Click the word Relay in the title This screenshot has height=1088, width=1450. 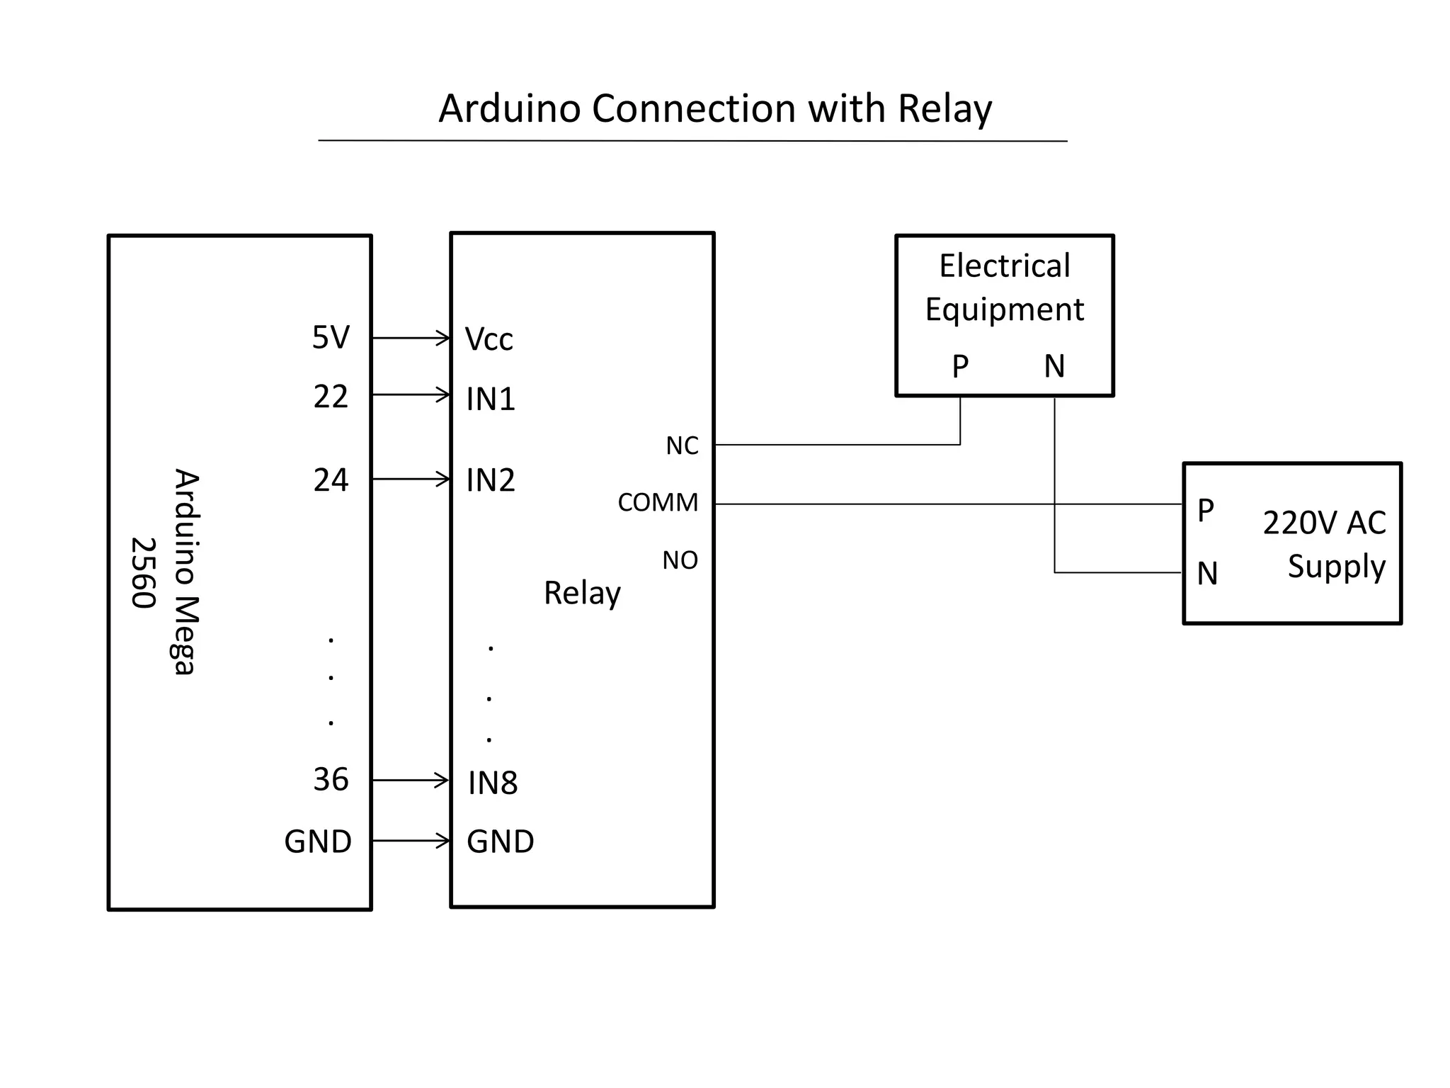coord(944,109)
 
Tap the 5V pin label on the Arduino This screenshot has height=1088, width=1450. coord(331,338)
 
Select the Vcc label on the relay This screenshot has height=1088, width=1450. coord(489,339)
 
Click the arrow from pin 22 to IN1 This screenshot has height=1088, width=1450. coord(411,395)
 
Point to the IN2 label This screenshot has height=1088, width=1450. coord(490,480)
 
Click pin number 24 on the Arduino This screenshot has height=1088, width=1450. coord(331,480)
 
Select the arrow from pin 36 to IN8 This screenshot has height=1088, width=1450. coord(411,781)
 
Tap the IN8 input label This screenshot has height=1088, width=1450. coord(493,783)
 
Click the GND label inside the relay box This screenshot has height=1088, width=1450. coord(500,841)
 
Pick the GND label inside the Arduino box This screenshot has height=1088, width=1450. coord(318,841)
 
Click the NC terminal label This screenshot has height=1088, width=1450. coord(682,446)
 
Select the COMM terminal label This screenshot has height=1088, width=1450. coord(658,502)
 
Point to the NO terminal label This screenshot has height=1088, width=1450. coord(680,560)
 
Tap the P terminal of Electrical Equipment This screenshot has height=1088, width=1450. coord(960,366)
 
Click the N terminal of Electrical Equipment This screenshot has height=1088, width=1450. coord(1054,366)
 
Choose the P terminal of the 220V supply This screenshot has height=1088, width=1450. coord(1206,510)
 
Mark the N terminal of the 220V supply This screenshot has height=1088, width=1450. coord(1207,573)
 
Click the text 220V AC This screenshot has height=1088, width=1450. coord(1324,523)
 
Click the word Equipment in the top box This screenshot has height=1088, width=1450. coord(1004,310)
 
